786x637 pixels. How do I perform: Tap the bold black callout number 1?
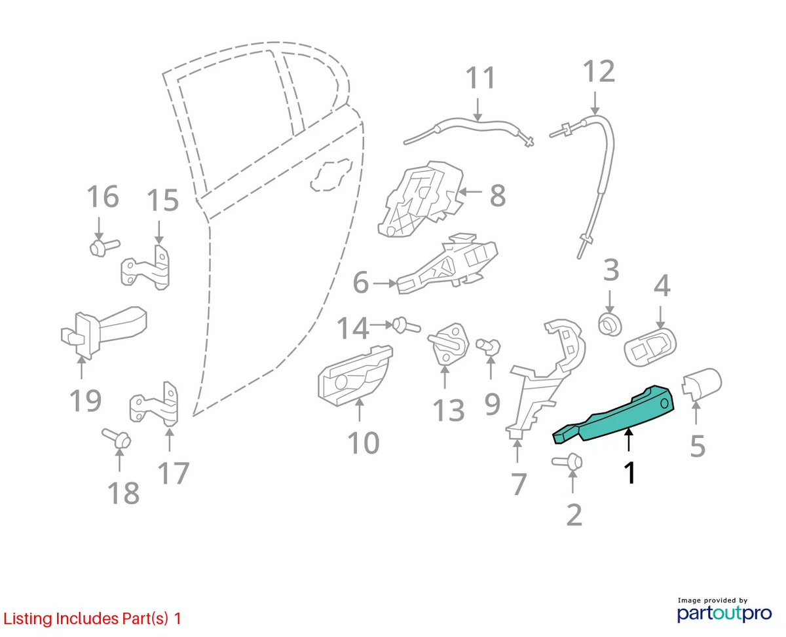(629, 473)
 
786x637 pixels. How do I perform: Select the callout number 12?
(599, 71)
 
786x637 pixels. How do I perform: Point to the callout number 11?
(481, 77)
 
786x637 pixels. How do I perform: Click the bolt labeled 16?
(105, 247)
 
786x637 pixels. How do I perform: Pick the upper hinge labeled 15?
(147, 268)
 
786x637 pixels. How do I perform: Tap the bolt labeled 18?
(116, 439)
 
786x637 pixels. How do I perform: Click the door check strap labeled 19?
(103, 333)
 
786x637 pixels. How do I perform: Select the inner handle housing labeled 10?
(354, 376)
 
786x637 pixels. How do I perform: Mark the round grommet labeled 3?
(610, 325)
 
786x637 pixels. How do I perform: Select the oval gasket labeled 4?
(650, 347)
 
